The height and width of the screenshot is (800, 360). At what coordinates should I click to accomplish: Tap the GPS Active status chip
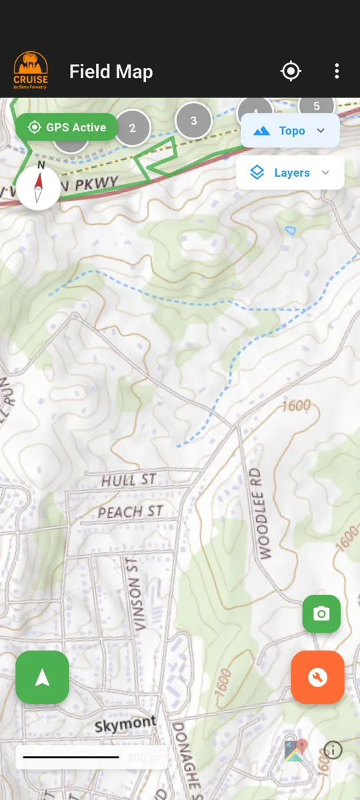pos(67,127)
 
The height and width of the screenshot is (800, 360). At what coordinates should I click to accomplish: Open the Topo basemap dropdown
pos(290,131)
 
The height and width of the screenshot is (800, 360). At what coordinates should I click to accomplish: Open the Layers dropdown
pos(290,173)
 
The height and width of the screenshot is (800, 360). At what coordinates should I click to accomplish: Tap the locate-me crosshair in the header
pos(291,71)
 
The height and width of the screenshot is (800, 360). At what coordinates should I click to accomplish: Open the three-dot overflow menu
pos(337,71)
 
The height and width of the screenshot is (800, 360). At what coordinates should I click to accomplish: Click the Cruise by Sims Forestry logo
pos(31,71)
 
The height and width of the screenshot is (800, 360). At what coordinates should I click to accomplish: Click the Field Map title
pos(111,72)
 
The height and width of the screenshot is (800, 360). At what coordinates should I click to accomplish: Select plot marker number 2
pos(132,128)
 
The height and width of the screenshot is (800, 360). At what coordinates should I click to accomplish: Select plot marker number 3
pos(193,121)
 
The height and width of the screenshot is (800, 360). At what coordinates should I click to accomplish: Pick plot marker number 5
pos(317,105)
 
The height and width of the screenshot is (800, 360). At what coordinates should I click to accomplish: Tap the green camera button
pos(321,614)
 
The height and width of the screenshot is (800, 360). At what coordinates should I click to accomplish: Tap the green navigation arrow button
pos(42,677)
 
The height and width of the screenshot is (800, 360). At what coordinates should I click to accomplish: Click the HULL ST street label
pos(129,480)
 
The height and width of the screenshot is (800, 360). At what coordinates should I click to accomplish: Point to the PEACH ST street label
pos(130,512)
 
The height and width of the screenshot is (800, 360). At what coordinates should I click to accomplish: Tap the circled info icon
pos(333,750)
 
